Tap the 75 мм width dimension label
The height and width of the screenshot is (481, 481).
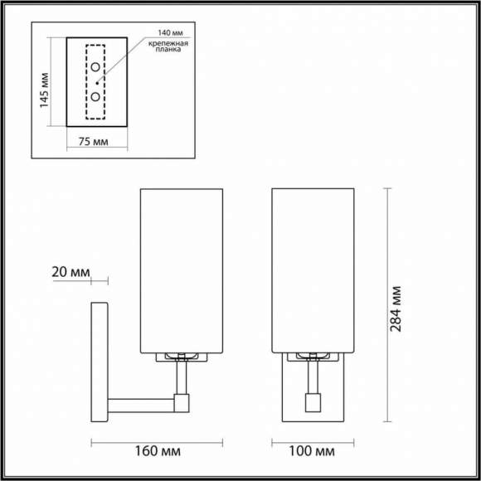click(x=94, y=142)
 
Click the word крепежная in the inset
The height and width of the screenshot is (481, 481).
click(x=169, y=42)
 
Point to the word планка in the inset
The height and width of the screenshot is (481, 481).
click(x=168, y=51)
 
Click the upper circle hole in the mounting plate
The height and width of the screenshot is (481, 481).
click(x=96, y=66)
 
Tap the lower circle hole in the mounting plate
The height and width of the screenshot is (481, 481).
click(x=96, y=97)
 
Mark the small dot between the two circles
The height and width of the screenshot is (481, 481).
click(x=97, y=82)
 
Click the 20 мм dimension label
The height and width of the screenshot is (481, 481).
click(x=70, y=271)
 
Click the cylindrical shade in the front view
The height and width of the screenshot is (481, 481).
click(x=313, y=270)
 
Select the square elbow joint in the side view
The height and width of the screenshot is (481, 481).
click(x=182, y=404)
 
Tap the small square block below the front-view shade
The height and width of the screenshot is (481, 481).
click(x=313, y=402)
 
